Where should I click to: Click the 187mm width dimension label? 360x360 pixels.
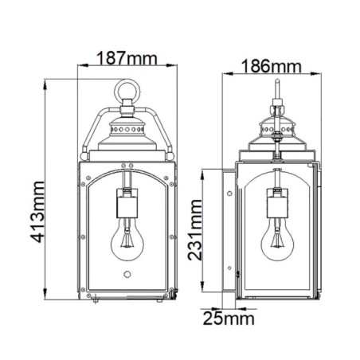(125, 58)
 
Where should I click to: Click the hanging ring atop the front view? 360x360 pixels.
(126, 93)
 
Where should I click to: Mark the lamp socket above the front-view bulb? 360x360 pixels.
(126, 205)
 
